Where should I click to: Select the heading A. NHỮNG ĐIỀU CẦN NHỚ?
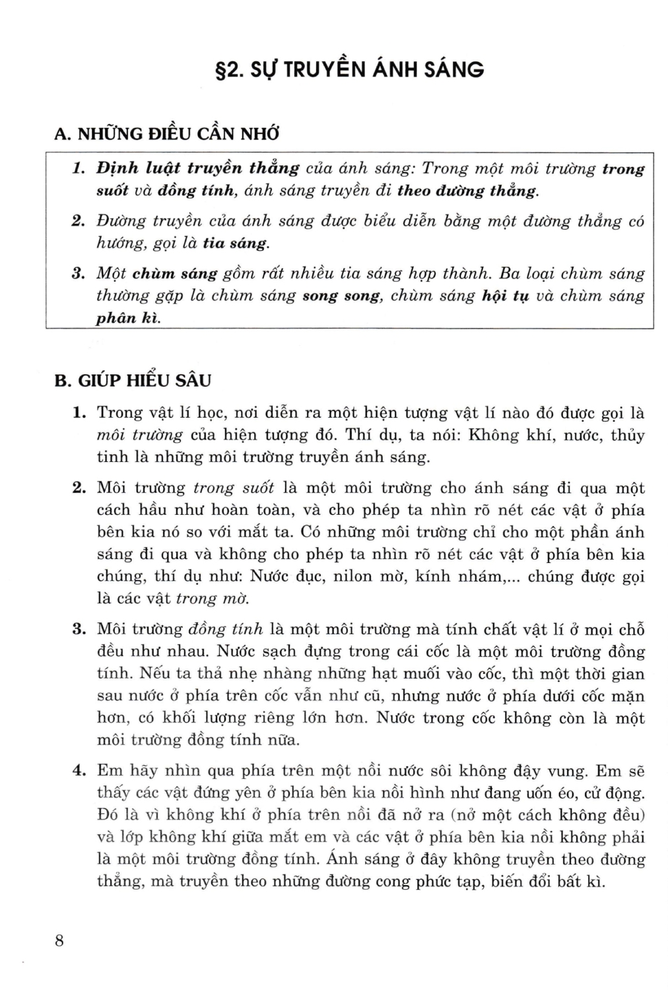point(166,134)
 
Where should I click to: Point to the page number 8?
point(59,940)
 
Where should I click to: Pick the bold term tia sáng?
point(236,243)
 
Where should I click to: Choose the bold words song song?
point(342,296)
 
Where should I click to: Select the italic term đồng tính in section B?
point(226,629)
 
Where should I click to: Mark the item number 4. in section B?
point(80,771)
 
